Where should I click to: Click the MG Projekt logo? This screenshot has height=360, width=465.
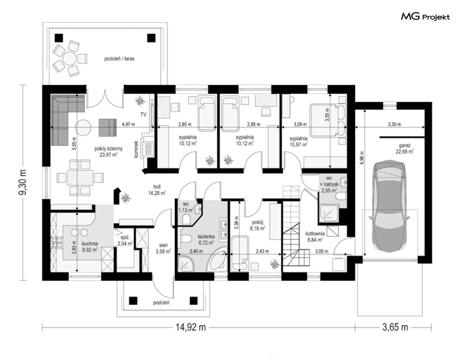[x=425, y=17]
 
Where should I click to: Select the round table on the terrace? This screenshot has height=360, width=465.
[x=70, y=58]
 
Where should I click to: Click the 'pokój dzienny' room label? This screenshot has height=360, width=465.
[x=108, y=149]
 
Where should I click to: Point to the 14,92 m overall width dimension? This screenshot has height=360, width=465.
[x=191, y=327]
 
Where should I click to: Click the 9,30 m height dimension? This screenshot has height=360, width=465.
[x=23, y=182]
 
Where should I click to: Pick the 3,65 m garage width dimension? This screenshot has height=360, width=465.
[x=395, y=327]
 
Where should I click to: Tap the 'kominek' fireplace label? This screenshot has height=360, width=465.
[x=136, y=149]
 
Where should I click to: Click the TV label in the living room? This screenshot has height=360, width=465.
[x=143, y=114]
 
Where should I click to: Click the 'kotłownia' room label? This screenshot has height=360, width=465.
[x=315, y=233]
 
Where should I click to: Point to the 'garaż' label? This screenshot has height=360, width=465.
[x=405, y=146]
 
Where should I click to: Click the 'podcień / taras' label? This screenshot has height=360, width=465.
[x=119, y=59]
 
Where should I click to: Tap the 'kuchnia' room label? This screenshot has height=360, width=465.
[x=90, y=244]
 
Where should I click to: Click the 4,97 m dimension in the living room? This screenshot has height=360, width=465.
[x=128, y=125]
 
